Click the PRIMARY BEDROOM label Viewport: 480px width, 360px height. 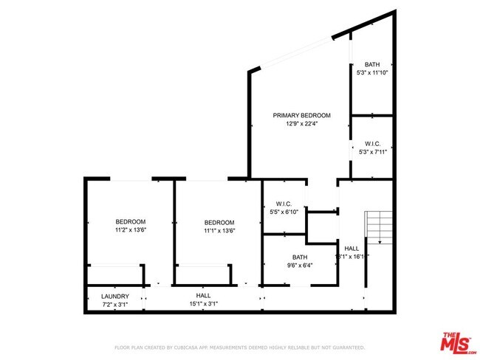[x=301, y=115]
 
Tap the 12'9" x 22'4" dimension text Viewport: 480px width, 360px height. [x=301, y=124]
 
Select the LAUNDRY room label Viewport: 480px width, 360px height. [x=115, y=296]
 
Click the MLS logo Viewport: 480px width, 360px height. [x=458, y=344]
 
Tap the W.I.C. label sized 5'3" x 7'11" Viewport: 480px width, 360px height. [x=371, y=143]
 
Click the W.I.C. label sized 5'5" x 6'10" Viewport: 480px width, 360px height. [x=284, y=204]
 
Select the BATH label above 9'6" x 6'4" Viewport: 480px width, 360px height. [x=299, y=257]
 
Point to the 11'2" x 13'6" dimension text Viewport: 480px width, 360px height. [x=130, y=229]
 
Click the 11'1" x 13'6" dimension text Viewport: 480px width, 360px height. [x=219, y=230]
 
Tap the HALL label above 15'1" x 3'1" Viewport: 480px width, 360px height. [x=203, y=295]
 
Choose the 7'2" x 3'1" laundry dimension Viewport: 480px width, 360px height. [x=115, y=304]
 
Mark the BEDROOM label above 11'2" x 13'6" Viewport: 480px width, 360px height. [x=130, y=221]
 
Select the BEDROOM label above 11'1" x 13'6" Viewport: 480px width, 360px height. [x=219, y=222]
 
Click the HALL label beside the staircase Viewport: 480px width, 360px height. [x=352, y=249]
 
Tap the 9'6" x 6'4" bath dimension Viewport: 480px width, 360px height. [x=299, y=266]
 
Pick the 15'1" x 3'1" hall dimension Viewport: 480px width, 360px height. [x=203, y=303]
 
